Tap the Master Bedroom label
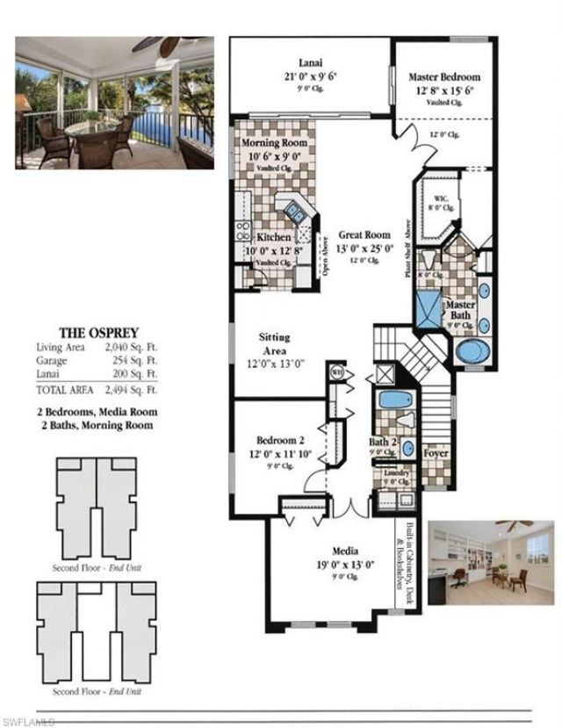[444, 77]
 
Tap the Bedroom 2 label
[280, 440]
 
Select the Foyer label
[436, 454]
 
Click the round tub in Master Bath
[475, 350]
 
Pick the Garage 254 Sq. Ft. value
[134, 360]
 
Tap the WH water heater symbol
[335, 372]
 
